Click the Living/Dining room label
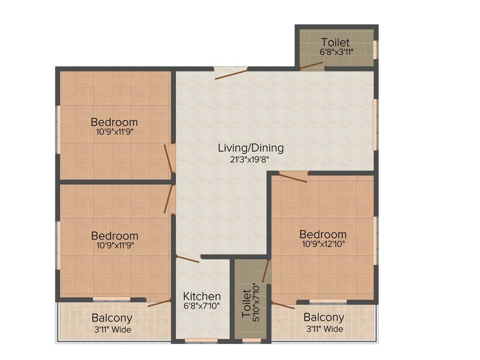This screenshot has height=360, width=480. coord(251,148)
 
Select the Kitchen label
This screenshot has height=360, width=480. coord(202,296)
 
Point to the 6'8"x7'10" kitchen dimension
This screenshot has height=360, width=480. coord(202,306)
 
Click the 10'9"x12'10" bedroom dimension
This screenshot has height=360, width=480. coord(323,244)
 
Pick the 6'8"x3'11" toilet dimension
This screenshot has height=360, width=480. coord(337,52)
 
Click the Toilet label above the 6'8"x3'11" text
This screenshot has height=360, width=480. coord(336,43)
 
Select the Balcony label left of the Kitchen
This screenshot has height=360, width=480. coord(112,318)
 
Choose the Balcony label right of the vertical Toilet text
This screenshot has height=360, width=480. coord(324,318)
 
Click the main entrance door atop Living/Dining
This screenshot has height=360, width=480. coord(231,73)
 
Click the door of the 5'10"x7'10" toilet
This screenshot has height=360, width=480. coord(266,271)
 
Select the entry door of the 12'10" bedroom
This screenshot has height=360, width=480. coord(292,177)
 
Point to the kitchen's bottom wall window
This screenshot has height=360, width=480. coord(201,341)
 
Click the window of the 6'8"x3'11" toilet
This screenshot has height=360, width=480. coord(375,49)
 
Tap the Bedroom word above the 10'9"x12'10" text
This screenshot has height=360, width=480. coord(323,234)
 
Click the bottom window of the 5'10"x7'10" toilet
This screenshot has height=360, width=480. coord(251,341)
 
